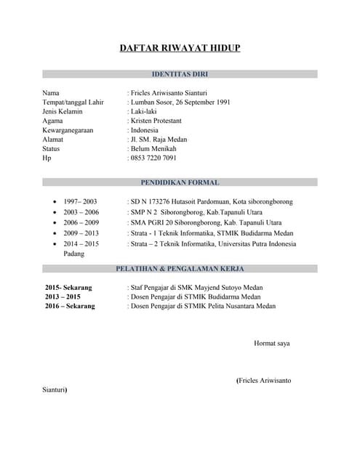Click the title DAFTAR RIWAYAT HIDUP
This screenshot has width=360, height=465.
click(180, 48)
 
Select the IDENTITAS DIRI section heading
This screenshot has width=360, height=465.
click(180, 74)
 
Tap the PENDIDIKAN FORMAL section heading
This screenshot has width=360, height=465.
click(180, 182)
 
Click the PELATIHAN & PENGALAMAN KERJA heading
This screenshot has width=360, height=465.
click(180, 269)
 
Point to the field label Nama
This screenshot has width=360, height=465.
click(51, 93)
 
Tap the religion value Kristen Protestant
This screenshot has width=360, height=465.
click(156, 121)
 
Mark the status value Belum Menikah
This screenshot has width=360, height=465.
click(153, 148)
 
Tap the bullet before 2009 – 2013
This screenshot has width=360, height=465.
click(55, 234)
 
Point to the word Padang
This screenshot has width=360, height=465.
click(74, 254)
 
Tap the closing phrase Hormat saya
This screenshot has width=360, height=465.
click(271, 343)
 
